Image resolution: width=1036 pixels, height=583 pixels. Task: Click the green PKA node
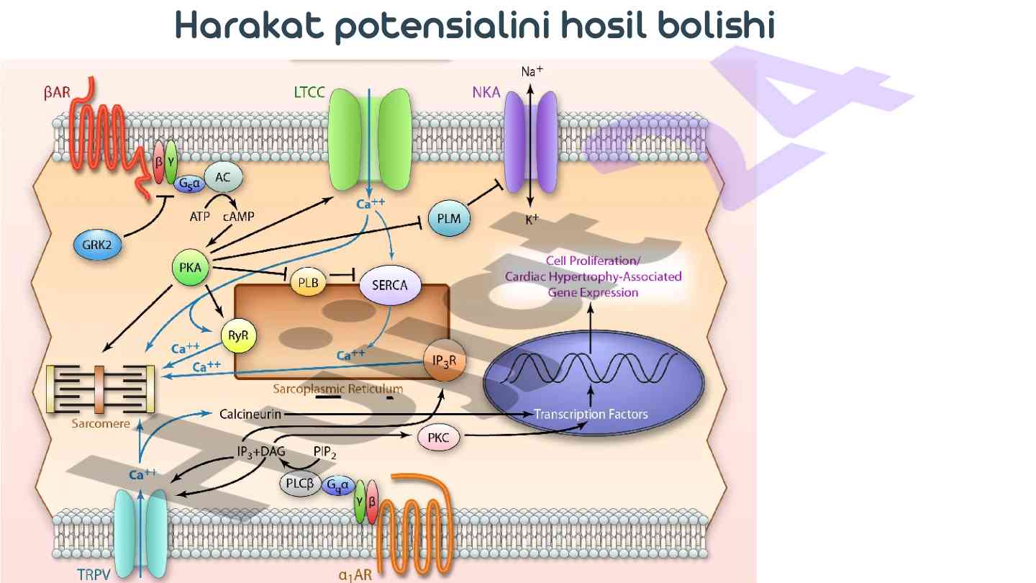190,269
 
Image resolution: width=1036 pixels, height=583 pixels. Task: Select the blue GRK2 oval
97,245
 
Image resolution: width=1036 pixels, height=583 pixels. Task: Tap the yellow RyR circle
238,335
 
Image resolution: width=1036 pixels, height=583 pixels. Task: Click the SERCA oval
389,285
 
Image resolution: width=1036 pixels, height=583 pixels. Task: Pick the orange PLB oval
309,282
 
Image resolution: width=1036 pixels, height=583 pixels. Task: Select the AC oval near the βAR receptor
223,176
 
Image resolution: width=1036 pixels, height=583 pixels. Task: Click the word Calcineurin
250,414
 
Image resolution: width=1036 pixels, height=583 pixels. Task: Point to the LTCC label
311,92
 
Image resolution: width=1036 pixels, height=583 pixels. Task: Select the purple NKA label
486,92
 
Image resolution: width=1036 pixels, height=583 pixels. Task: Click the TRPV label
95,574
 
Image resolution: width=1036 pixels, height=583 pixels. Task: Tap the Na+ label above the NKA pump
532,72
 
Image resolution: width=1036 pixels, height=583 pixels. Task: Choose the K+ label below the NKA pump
532,220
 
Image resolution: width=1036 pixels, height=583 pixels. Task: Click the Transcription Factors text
591,414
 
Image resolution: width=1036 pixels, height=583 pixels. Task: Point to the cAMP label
239,216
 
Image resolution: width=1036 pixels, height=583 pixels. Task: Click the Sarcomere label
101,424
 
